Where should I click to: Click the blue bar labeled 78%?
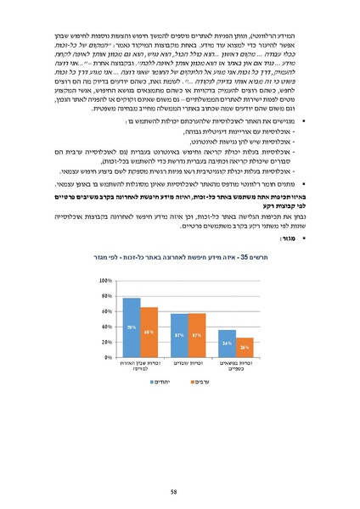point(132,327)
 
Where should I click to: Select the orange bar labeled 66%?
point(149,332)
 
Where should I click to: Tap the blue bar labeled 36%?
point(227,343)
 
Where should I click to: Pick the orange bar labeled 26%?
point(245,347)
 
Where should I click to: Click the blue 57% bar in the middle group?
point(179,335)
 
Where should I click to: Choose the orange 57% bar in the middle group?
point(197,335)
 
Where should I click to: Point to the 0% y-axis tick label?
point(109,357)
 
